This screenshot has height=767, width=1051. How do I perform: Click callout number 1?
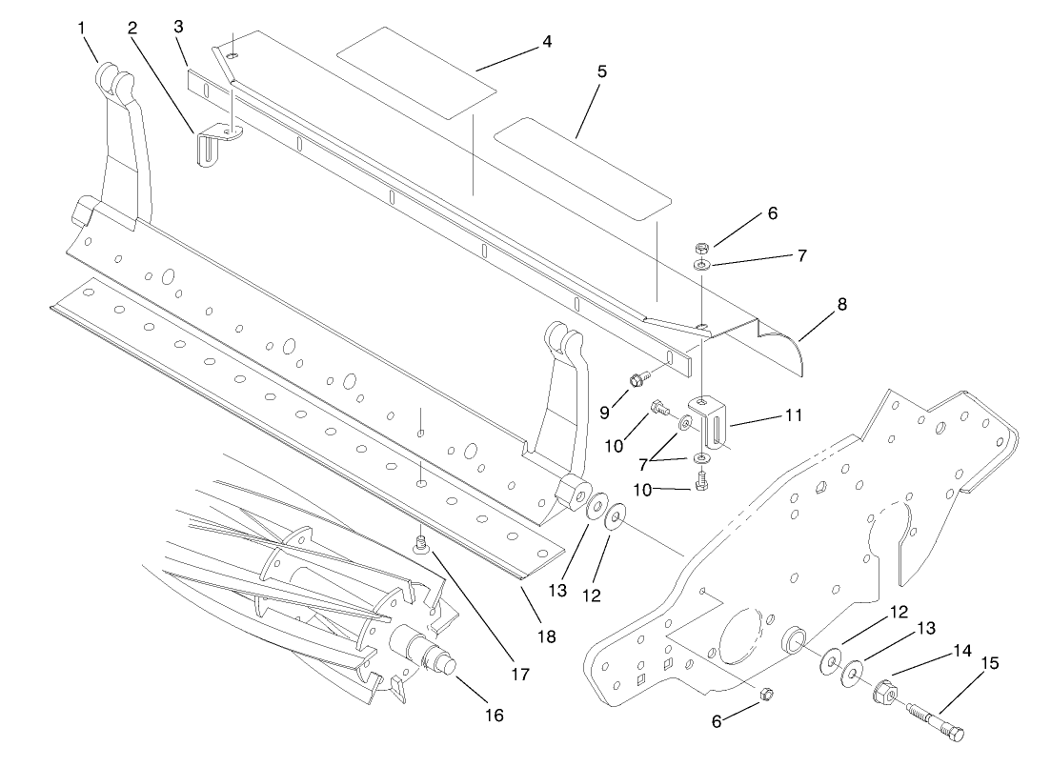click(x=82, y=29)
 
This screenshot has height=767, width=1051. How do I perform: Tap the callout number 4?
click(x=547, y=41)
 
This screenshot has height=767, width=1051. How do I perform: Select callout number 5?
click(x=601, y=71)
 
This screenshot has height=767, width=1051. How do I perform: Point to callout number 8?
click(x=842, y=305)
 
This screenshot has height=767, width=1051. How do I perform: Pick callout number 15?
click(x=990, y=663)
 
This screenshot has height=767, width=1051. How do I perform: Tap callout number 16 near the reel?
click(x=495, y=715)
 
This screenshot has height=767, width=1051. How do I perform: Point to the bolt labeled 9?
click(x=639, y=380)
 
